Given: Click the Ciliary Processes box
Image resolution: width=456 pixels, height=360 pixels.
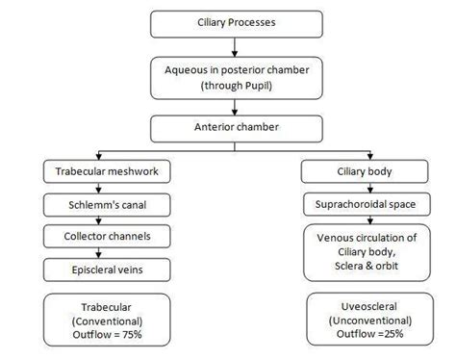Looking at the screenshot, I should pyautogui.click(x=229, y=20).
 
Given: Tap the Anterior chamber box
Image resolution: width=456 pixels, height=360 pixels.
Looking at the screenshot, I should pyautogui.click(x=229, y=127).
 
